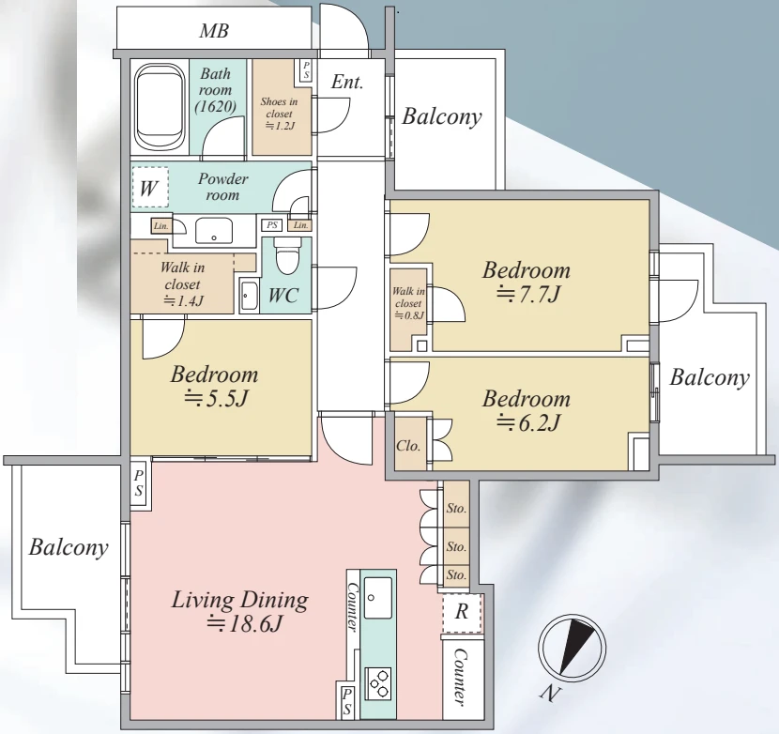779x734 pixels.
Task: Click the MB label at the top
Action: point(214,31)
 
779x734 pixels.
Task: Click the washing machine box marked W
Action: point(150,187)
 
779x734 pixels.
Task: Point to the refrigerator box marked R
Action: point(462,613)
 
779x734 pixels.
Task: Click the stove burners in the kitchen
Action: point(378,682)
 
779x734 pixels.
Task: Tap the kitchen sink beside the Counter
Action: point(377,597)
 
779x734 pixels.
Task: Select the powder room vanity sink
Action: point(214,230)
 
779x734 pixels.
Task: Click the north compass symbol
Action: point(573,648)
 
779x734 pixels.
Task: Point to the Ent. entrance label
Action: point(346,82)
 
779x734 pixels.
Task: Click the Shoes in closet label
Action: point(279,114)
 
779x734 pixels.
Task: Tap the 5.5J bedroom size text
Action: point(216,398)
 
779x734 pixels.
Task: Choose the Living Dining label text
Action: point(240,600)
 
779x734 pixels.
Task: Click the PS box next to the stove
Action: point(346,701)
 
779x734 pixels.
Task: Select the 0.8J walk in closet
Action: point(408,309)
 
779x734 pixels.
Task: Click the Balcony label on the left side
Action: point(69,547)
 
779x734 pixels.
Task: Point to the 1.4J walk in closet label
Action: point(183,283)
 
